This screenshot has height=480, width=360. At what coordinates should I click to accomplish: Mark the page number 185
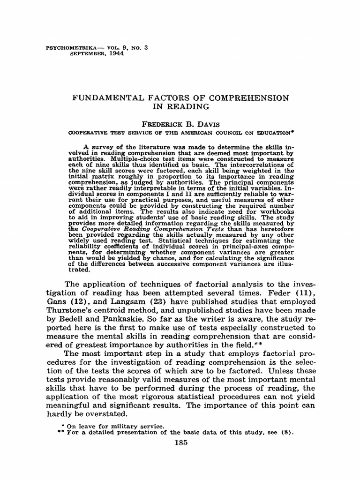tap(180, 443)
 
